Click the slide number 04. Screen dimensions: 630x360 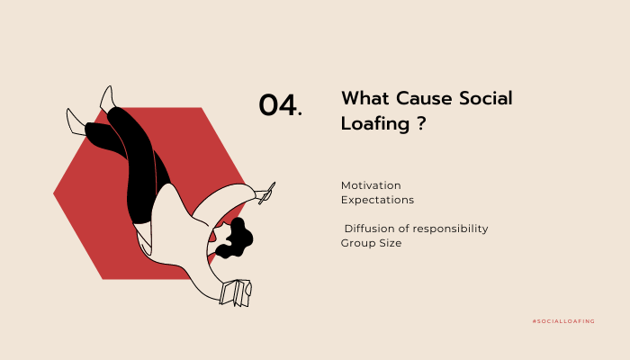(281, 105)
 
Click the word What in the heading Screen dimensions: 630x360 (365, 98)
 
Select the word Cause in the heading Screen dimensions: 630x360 (424, 98)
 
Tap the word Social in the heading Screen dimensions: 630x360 (486, 98)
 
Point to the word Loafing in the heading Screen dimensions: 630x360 (375, 124)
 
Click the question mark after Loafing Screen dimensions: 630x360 (420, 123)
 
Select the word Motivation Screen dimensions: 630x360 (371, 185)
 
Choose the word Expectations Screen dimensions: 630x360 (377, 200)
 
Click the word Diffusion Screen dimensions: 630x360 (369, 229)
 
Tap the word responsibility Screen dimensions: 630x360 (450, 229)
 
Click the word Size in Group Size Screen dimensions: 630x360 (391, 243)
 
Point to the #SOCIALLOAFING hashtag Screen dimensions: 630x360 (563, 321)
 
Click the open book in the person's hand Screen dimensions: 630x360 (236, 292)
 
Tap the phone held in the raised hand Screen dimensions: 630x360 (267, 193)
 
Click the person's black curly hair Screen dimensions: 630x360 (236, 238)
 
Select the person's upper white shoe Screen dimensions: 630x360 (107, 97)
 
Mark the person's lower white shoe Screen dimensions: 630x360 (76, 121)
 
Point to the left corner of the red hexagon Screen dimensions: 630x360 (53, 193)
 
